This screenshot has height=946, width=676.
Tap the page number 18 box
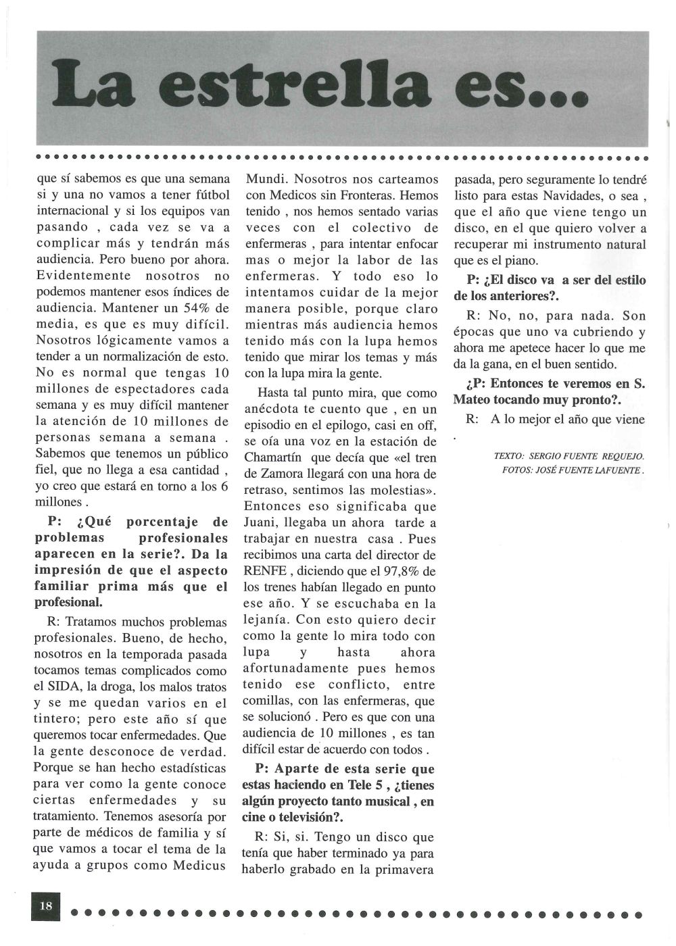click(46, 906)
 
